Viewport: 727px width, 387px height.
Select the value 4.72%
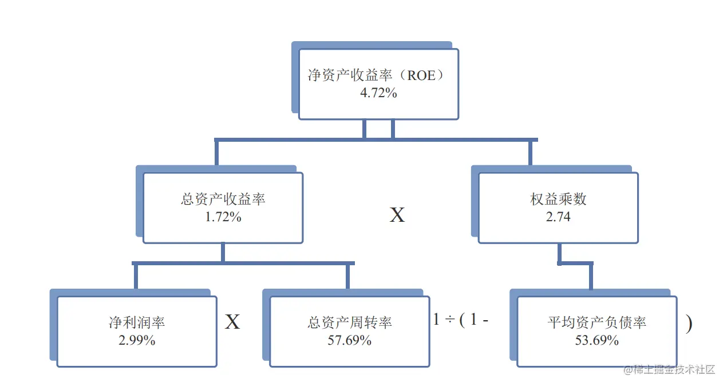coord(378,93)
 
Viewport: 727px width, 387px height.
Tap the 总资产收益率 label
coord(223,200)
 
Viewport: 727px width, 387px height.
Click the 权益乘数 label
coord(558,200)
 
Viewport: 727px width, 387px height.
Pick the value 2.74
coord(558,217)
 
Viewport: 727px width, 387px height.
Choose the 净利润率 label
coord(137,322)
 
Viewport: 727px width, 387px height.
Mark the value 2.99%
coord(137,340)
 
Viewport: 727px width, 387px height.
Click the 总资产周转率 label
coord(350,322)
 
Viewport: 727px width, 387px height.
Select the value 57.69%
coord(350,340)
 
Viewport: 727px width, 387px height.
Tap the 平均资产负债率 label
coord(597,322)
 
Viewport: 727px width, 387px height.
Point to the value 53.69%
coord(597,340)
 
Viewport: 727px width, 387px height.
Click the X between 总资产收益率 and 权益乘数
coord(397,216)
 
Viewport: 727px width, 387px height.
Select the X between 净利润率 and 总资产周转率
coord(232,322)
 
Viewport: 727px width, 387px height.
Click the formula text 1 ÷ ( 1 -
coord(461,320)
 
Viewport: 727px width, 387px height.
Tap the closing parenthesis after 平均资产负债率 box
coord(689,324)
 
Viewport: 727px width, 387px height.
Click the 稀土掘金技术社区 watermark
coord(670,369)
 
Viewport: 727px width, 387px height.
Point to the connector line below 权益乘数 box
coord(559,253)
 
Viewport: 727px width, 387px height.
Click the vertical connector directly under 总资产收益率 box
coord(223,253)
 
